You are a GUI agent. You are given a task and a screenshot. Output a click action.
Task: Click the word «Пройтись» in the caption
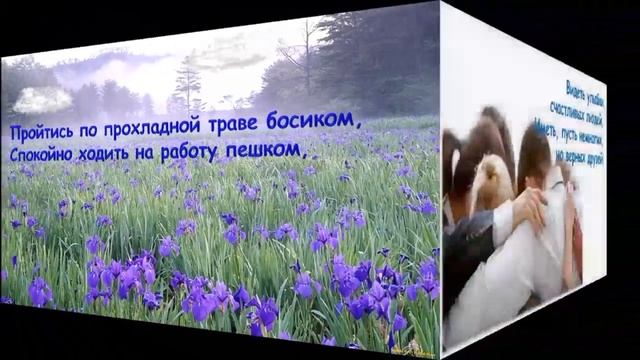click(42, 131)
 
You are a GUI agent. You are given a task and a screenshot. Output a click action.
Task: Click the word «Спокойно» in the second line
click(46, 157)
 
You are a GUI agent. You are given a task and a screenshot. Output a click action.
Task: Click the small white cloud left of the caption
click(42, 99)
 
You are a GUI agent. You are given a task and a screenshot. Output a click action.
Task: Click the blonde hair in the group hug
click(491, 180)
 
